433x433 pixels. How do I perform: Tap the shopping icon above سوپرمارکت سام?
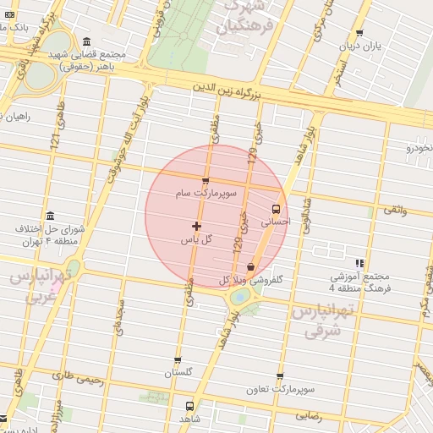(x=206, y=180)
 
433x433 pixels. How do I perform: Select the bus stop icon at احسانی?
(x=275, y=208)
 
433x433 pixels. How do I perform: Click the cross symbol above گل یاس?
(x=196, y=226)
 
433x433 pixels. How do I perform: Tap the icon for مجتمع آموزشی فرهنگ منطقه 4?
(x=359, y=264)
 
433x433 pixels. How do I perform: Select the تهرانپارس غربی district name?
(x=38, y=288)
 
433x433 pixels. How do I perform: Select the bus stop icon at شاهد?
(x=189, y=405)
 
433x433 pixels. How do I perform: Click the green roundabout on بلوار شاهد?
(x=240, y=297)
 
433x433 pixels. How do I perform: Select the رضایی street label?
(x=310, y=415)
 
